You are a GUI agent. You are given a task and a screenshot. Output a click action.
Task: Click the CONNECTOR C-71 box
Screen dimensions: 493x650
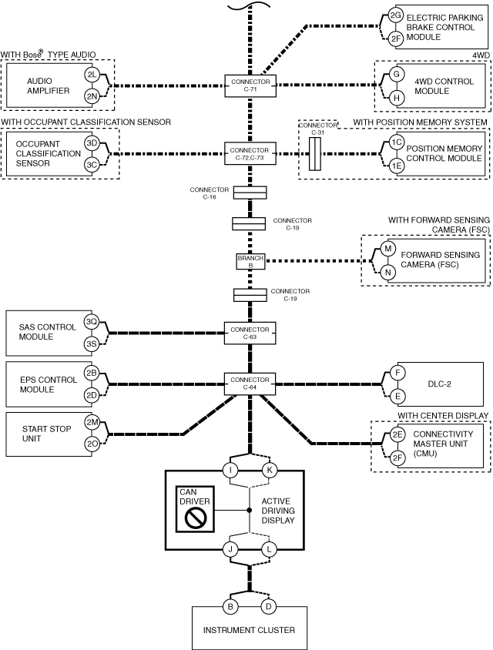point(250,85)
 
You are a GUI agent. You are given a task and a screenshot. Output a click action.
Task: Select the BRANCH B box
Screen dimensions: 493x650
point(250,261)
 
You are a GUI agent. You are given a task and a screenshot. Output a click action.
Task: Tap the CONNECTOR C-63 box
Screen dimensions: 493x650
point(250,333)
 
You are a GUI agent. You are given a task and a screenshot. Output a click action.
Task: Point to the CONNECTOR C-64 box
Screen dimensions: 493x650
point(250,384)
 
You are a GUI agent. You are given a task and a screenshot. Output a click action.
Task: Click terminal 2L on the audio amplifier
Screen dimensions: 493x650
point(92,75)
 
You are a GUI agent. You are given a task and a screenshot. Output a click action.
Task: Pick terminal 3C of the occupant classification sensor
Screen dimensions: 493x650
point(92,165)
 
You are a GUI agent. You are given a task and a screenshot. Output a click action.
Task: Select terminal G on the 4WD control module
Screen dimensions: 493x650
point(397,74)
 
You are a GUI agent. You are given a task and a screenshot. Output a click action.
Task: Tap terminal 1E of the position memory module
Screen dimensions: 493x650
point(397,166)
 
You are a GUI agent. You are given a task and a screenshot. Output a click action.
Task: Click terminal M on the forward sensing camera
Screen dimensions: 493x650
point(388,249)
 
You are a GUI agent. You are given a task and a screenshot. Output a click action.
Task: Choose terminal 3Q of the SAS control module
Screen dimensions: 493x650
point(91,322)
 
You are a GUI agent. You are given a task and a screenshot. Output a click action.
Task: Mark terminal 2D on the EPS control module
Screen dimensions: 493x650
point(91,395)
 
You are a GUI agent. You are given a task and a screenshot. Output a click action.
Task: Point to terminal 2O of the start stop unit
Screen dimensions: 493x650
point(92,444)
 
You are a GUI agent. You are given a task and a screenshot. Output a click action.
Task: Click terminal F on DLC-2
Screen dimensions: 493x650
point(397,373)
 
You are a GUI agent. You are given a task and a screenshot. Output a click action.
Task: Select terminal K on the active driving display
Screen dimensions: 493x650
point(270,470)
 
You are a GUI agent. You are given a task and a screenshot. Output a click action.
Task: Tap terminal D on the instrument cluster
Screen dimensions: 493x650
point(269,607)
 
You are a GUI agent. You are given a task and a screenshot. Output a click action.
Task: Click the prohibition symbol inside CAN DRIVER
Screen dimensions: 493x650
point(196,518)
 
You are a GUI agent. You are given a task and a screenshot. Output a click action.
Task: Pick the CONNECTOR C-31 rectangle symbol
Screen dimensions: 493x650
point(315,154)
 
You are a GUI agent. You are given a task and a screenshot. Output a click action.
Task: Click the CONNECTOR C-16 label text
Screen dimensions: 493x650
point(210,193)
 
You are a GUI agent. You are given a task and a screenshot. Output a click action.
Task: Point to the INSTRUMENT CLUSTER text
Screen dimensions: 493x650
point(249,630)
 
